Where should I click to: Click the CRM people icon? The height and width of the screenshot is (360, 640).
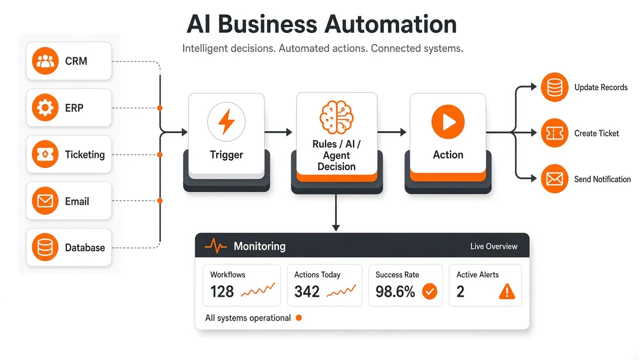(45, 61)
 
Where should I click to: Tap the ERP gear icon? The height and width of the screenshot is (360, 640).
(45, 107)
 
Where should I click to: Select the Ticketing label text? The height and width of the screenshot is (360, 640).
(85, 155)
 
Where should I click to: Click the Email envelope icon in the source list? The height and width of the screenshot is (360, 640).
(45, 200)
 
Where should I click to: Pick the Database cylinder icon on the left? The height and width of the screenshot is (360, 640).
(45, 247)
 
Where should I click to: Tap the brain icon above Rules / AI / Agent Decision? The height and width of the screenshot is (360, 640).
(336, 117)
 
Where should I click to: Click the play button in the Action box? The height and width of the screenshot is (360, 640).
(448, 121)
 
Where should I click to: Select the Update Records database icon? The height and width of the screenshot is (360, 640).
(554, 87)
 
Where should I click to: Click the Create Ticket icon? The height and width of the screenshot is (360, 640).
(554, 133)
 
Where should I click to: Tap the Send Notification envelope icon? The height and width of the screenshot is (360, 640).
(554, 179)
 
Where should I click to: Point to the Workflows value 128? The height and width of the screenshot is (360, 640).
(222, 291)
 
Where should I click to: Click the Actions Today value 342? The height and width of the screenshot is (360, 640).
(307, 291)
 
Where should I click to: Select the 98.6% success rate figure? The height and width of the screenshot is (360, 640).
(395, 291)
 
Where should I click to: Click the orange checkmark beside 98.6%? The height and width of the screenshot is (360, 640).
(429, 291)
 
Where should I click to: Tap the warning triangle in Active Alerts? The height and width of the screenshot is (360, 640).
(507, 291)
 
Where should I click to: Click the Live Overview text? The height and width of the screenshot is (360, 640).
(493, 246)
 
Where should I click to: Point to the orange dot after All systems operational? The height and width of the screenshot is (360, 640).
(299, 317)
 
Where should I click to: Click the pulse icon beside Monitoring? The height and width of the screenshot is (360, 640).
(216, 245)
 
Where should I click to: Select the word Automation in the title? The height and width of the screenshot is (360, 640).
(390, 24)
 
